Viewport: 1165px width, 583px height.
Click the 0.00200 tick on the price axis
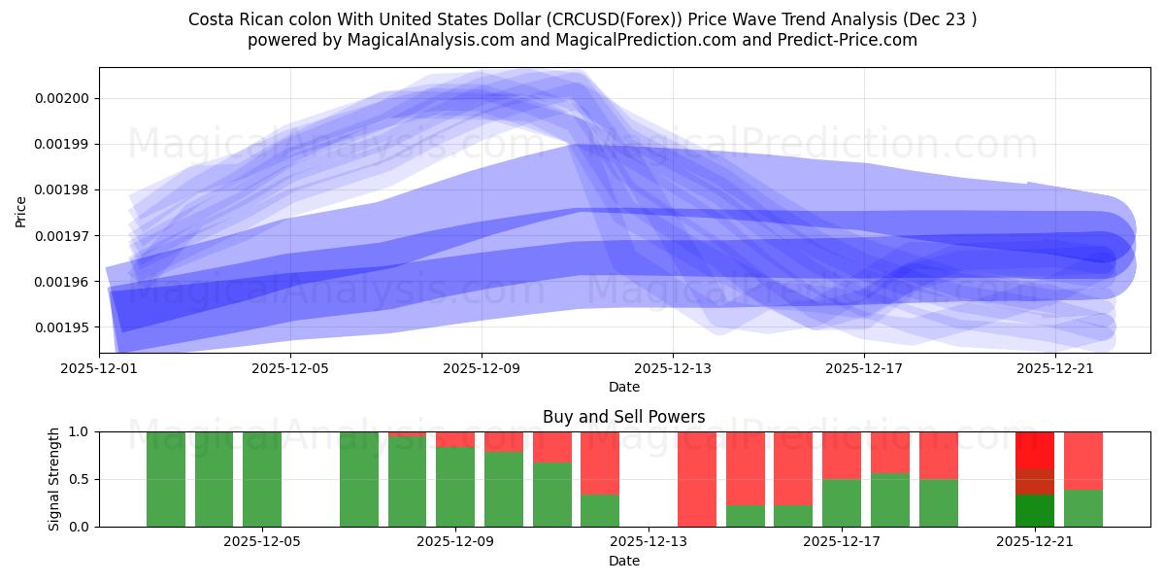coord(62,98)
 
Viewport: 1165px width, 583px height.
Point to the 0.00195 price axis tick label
coord(62,327)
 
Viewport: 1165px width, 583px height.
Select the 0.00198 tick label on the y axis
coord(62,190)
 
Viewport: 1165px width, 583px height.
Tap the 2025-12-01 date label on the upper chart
coord(100,369)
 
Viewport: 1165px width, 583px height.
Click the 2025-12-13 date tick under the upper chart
coord(673,369)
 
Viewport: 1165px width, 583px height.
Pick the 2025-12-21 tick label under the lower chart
coord(1036,542)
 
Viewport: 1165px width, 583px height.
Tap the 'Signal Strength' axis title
coord(54,479)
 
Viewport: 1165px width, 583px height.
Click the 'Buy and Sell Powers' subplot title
coord(624,417)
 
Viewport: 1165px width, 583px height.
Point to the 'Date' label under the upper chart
coord(624,387)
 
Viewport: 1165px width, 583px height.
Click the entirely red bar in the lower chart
coord(697,479)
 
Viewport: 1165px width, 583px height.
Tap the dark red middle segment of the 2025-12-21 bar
coord(1035,482)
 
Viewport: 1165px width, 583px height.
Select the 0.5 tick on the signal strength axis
coord(82,479)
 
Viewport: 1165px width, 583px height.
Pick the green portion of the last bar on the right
coord(1083,508)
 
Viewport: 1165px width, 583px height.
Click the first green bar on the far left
coord(166,479)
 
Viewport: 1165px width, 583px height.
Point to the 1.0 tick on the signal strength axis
coord(82,431)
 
